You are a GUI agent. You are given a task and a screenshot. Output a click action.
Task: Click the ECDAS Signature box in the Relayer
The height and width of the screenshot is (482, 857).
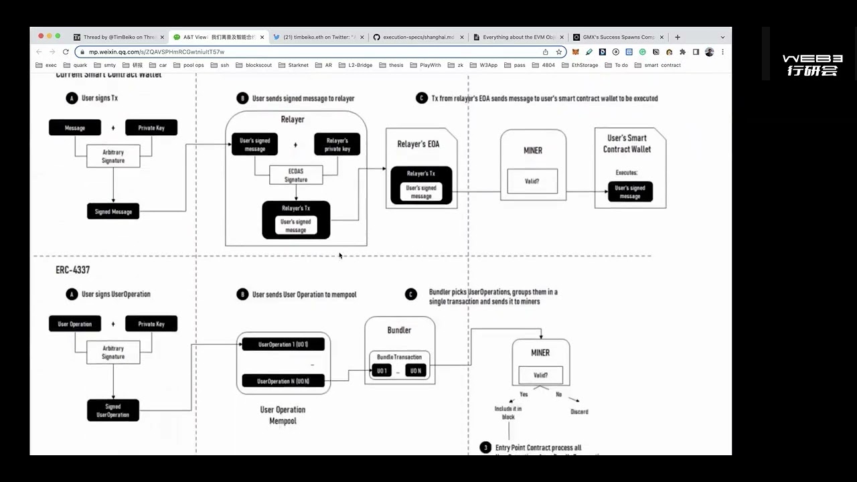click(295, 175)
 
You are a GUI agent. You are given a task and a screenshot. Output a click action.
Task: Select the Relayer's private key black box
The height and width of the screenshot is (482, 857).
click(337, 145)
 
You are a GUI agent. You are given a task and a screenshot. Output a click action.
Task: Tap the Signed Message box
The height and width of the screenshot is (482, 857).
click(113, 212)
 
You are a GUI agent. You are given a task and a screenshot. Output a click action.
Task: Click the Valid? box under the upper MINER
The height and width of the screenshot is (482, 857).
click(532, 181)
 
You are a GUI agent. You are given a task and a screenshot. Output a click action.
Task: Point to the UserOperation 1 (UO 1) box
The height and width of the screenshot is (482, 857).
click(283, 344)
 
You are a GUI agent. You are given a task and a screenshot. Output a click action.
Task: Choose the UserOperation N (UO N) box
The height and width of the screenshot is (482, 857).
click(283, 381)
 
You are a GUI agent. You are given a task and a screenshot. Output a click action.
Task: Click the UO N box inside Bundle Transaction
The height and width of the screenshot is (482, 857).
click(415, 371)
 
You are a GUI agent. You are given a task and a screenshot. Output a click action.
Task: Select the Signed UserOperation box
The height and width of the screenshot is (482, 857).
click(112, 410)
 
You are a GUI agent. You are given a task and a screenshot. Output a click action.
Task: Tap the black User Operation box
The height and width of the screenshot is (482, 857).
click(74, 324)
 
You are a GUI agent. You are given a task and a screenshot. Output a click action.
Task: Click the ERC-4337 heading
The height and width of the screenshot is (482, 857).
click(72, 270)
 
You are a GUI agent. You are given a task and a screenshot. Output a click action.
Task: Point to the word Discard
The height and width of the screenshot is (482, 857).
click(579, 412)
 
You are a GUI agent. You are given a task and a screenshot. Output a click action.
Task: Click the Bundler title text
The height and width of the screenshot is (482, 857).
click(399, 330)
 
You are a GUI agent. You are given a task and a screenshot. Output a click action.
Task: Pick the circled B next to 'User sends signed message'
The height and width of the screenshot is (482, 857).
click(242, 98)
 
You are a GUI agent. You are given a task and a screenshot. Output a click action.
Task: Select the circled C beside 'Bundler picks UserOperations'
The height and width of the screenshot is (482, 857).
click(411, 294)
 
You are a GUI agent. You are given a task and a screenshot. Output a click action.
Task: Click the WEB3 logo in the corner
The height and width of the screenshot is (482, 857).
click(811, 65)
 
